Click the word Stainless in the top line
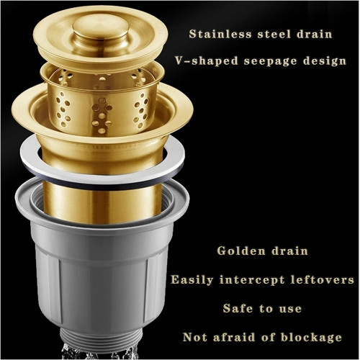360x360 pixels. click(220, 34)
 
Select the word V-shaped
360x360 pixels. click(207, 60)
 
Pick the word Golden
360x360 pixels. click(241, 251)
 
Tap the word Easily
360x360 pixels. click(192, 280)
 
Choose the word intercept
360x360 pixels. click(252, 280)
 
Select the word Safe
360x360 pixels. click(238, 308)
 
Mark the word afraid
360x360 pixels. click(234, 337)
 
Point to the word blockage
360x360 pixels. click(311, 338)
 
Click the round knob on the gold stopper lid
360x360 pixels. click(100, 31)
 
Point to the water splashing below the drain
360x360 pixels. click(99, 352)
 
